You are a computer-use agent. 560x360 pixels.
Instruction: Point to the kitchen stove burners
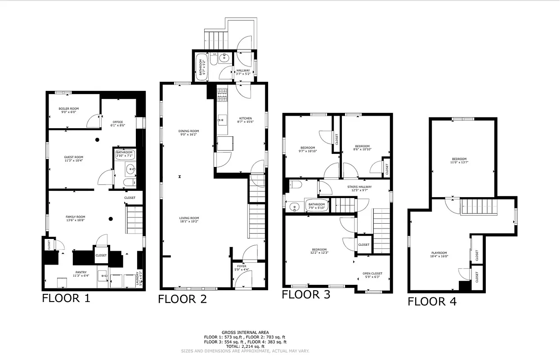click(222, 94)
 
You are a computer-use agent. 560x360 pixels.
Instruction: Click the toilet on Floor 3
click(296, 184)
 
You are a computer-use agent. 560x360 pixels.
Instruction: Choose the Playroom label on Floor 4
click(439, 254)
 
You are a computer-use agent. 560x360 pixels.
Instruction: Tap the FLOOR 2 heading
click(182, 299)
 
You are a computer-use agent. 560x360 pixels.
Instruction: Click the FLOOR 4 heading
click(432, 301)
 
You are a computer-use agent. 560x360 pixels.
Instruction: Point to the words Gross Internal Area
click(245, 332)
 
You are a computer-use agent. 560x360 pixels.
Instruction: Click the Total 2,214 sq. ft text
click(245, 346)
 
